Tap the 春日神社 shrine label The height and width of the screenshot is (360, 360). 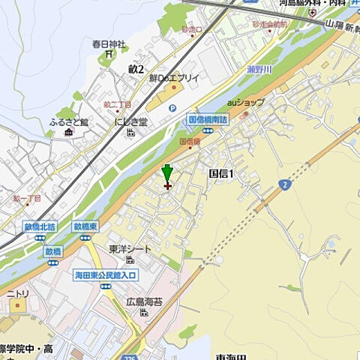point(109,45)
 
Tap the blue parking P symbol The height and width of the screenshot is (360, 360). point(172,108)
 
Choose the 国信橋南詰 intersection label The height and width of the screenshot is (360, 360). point(207,118)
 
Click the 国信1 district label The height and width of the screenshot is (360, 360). point(221,174)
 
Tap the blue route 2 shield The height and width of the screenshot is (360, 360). point(284,184)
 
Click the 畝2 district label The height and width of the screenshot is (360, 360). point(136,68)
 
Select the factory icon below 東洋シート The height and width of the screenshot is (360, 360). point(129,260)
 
